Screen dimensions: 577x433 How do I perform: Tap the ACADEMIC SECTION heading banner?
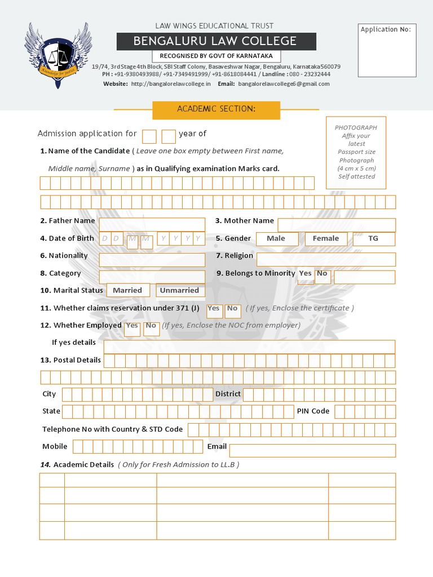(x=216, y=109)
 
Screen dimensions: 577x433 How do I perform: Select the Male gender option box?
(x=276, y=239)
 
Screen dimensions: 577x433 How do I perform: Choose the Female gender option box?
(x=326, y=239)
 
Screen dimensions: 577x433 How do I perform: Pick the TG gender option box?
(x=374, y=239)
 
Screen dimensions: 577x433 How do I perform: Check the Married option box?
(x=128, y=290)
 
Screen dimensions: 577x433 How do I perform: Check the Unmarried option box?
(x=180, y=290)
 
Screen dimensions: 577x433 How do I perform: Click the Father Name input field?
(x=152, y=224)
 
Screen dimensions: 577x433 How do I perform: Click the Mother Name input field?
(x=337, y=225)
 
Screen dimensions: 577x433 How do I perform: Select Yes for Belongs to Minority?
(x=305, y=274)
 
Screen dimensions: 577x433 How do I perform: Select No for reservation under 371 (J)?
(x=232, y=310)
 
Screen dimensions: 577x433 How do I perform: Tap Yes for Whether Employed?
(x=132, y=327)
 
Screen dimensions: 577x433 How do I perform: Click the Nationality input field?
(x=152, y=260)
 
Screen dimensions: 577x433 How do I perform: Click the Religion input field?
(x=326, y=259)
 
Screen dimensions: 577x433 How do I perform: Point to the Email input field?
(x=312, y=450)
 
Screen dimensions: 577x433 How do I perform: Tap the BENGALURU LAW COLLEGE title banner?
(x=216, y=41)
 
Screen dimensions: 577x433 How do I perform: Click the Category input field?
(x=152, y=277)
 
